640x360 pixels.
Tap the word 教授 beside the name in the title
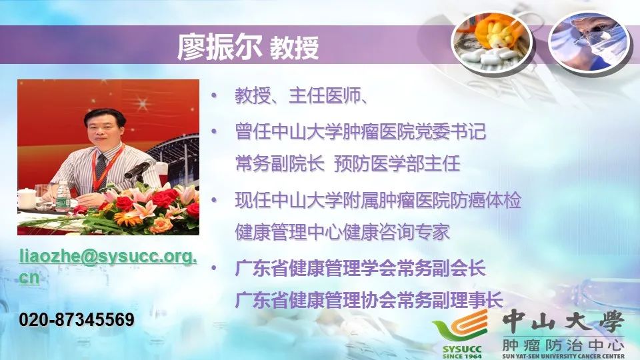pyautogui.click(x=294, y=48)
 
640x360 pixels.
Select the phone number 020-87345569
pyautogui.click(x=77, y=320)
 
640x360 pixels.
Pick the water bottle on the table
pyautogui.click(x=63, y=197)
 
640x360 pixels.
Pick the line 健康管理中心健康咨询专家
pyautogui.click(x=342, y=232)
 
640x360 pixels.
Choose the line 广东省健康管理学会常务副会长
pyautogui.click(x=360, y=269)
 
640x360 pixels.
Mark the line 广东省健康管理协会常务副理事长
pyautogui.click(x=369, y=300)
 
